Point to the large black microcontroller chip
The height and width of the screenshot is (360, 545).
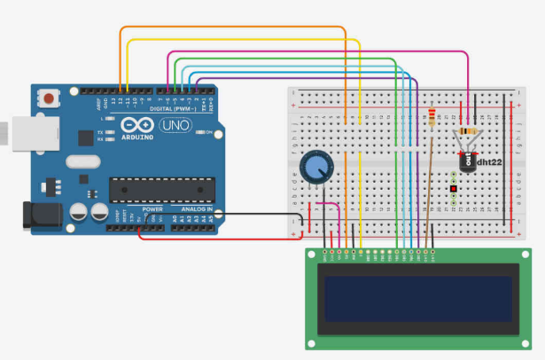coord(161,190)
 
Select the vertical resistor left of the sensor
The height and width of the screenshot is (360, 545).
coord(432,117)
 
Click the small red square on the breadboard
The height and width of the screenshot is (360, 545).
coord(452,190)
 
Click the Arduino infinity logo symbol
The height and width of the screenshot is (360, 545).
coord(138,126)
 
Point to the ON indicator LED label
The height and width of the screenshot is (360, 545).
coord(210,135)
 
